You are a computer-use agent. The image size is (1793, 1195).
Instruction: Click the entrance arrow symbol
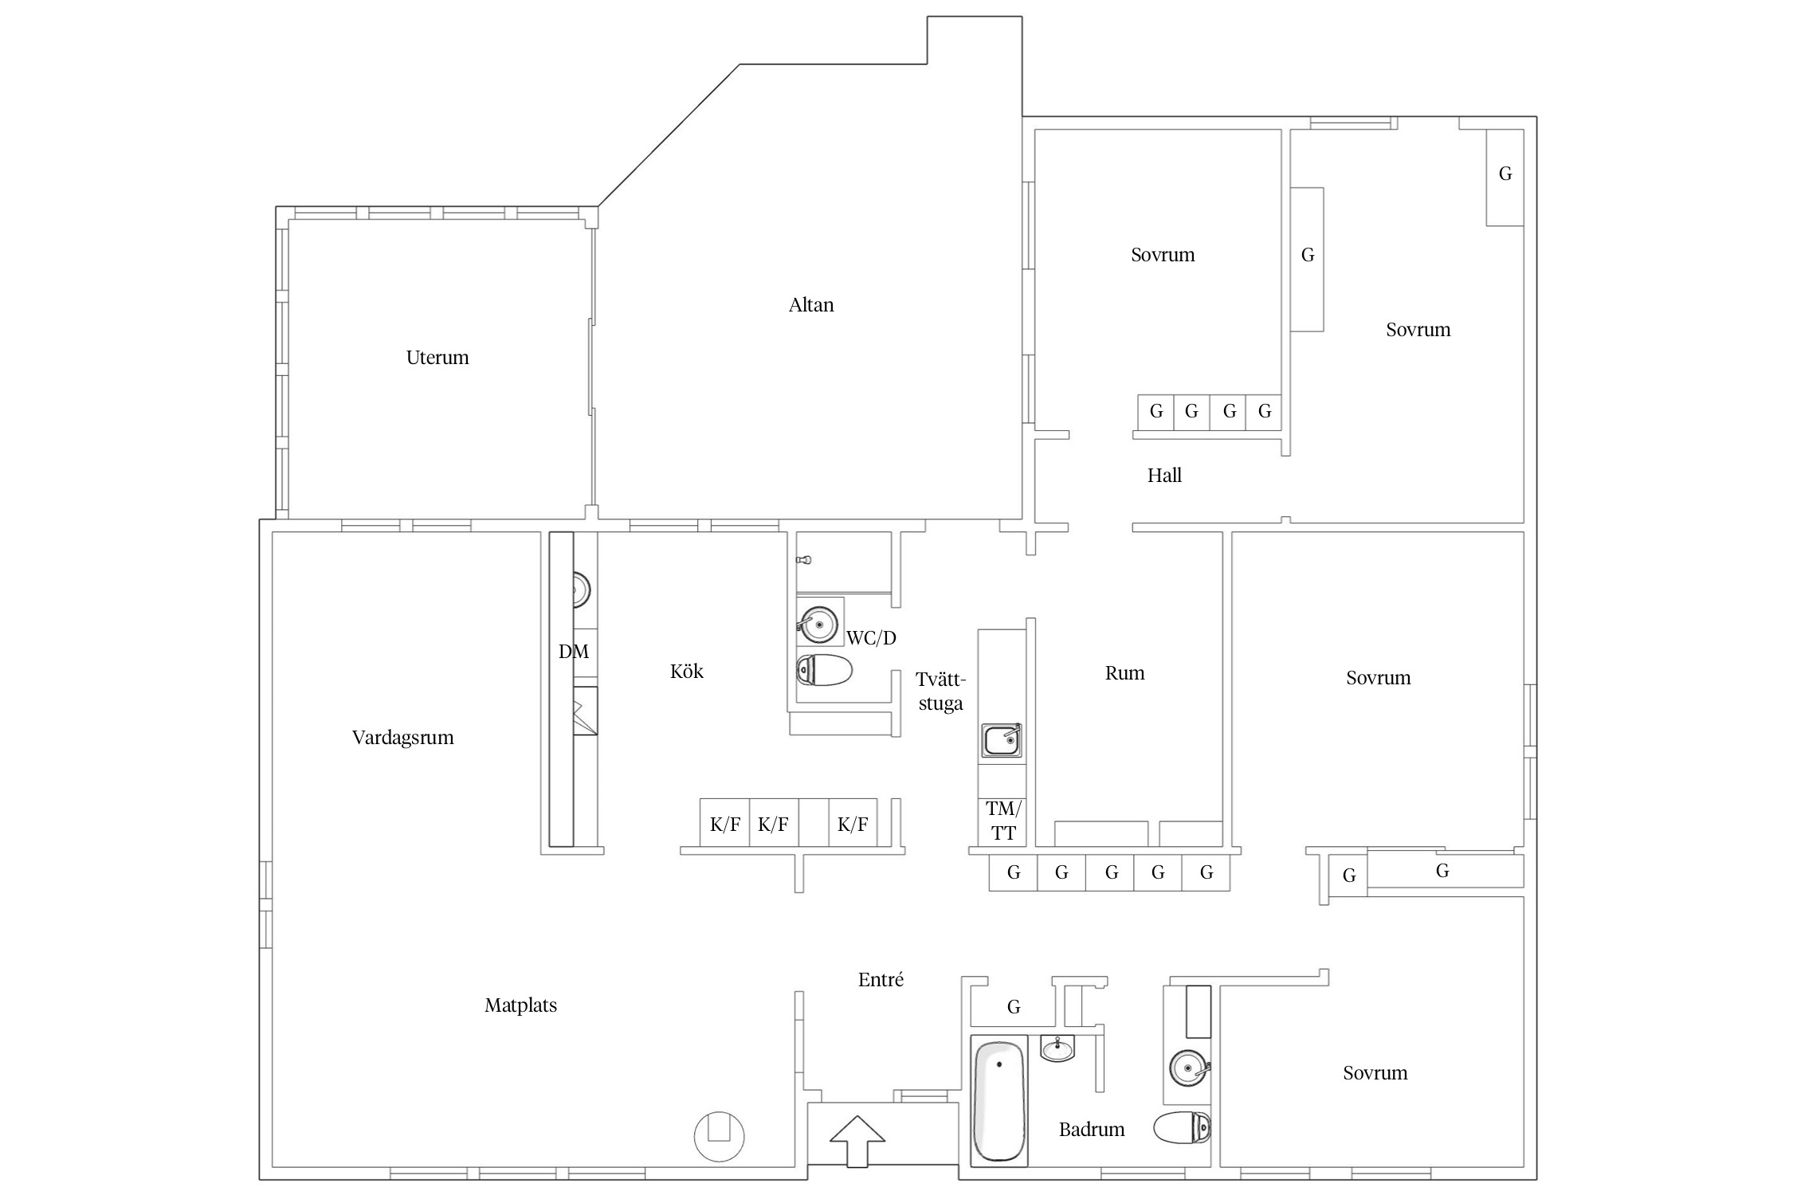[857, 1141]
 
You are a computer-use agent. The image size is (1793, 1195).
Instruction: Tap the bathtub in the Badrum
[999, 1100]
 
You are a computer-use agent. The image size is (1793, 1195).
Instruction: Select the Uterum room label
[437, 357]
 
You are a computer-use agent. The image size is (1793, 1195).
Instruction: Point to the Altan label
[811, 304]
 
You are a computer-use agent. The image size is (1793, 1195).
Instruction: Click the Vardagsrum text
[402, 738]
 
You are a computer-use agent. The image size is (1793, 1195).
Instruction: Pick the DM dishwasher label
[574, 652]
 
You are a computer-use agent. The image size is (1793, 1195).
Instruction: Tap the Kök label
[687, 671]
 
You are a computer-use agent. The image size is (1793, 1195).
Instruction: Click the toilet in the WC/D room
[824, 670]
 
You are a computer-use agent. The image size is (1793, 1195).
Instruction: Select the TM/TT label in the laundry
[1003, 821]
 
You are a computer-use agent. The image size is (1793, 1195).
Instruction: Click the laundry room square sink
[1002, 740]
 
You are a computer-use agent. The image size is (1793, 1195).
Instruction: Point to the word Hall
[1164, 476]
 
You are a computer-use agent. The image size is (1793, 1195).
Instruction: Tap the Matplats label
[520, 1005]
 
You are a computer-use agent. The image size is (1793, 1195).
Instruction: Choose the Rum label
[1124, 673]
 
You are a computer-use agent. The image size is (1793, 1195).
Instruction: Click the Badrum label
[1092, 1129]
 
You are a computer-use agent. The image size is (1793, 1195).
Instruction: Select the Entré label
[881, 980]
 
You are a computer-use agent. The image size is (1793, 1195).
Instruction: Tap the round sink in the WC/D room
[818, 625]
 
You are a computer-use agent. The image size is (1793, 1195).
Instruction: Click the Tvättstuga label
[941, 692]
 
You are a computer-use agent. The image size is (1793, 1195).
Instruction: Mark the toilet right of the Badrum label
[1182, 1127]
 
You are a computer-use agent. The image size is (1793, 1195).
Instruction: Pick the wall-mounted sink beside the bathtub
[1057, 1048]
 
